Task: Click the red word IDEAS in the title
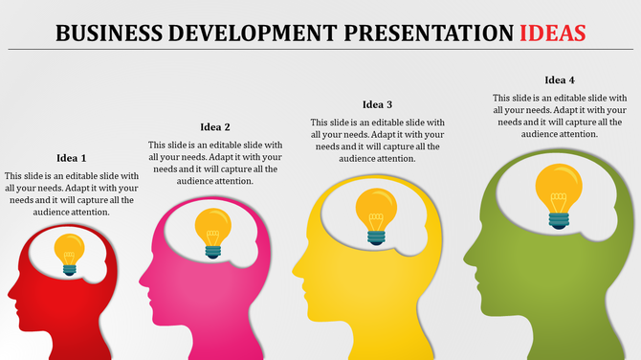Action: pos(553,33)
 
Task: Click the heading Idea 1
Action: pos(71,158)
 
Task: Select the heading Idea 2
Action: pos(215,126)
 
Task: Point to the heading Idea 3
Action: pos(377,104)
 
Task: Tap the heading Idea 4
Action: pos(560,79)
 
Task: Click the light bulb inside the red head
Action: pos(69,254)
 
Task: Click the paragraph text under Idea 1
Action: pos(71,193)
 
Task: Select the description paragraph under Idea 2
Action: pos(215,163)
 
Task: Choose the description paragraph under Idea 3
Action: pos(377,140)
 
